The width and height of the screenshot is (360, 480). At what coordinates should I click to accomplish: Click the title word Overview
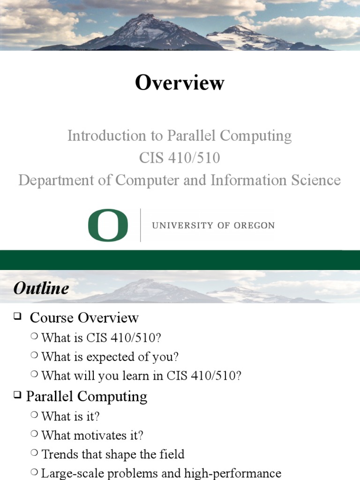point(180,83)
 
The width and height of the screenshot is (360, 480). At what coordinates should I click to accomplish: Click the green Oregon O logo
point(108,225)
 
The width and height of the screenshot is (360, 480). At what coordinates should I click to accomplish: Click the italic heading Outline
point(41,288)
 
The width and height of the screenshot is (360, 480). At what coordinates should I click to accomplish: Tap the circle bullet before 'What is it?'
point(35,414)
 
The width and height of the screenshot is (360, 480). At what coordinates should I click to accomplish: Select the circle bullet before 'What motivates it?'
point(35,434)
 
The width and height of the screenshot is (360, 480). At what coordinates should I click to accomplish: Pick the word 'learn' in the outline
point(127,376)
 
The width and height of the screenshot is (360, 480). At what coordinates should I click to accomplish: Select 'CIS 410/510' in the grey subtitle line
point(180,158)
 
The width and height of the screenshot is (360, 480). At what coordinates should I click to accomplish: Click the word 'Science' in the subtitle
point(315,180)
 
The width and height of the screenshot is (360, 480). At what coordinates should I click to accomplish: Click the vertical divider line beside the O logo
point(141,225)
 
